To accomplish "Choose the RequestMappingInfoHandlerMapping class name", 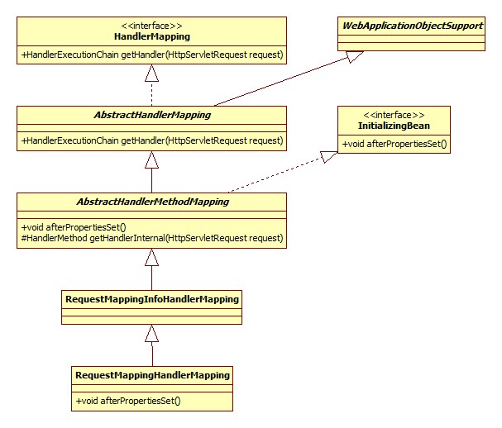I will click(x=151, y=298).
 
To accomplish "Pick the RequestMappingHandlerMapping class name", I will click(x=152, y=375).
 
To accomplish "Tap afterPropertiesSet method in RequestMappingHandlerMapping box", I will click(x=128, y=401).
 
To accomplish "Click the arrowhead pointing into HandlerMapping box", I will click(x=151, y=74).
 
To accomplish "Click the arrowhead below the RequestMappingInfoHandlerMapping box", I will click(x=151, y=333).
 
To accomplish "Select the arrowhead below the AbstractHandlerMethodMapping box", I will click(x=151, y=257).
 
